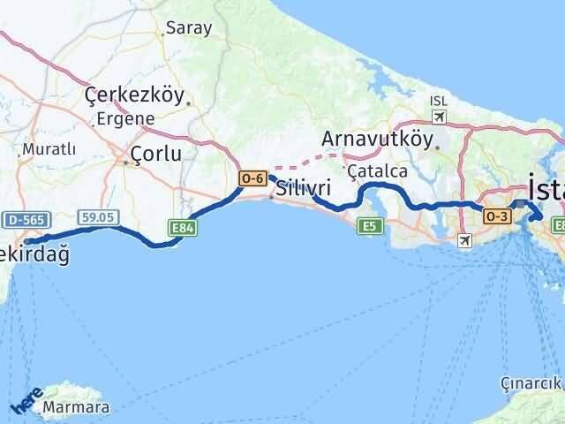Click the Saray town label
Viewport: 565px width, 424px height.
tap(190, 27)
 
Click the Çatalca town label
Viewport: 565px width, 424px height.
tap(377, 170)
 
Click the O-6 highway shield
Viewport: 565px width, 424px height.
tap(252, 178)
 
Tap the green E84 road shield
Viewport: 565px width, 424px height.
tap(182, 228)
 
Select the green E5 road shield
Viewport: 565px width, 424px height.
tap(369, 227)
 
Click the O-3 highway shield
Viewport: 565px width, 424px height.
tap(495, 215)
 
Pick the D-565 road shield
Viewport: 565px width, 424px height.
tap(21, 219)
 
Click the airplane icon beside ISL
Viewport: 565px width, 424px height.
tap(440, 117)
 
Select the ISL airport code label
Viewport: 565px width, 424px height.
tap(439, 101)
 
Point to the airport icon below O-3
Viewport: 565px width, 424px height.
tap(465, 239)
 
